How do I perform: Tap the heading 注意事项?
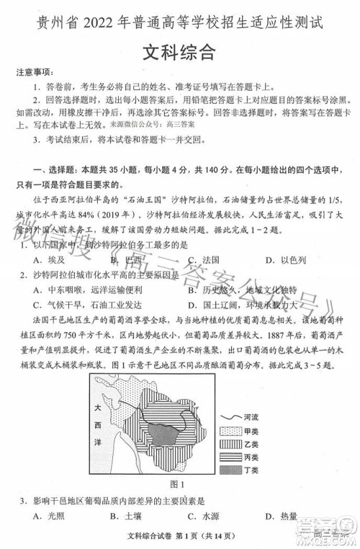tap(34, 72)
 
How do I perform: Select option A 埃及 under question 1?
tap(50, 259)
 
